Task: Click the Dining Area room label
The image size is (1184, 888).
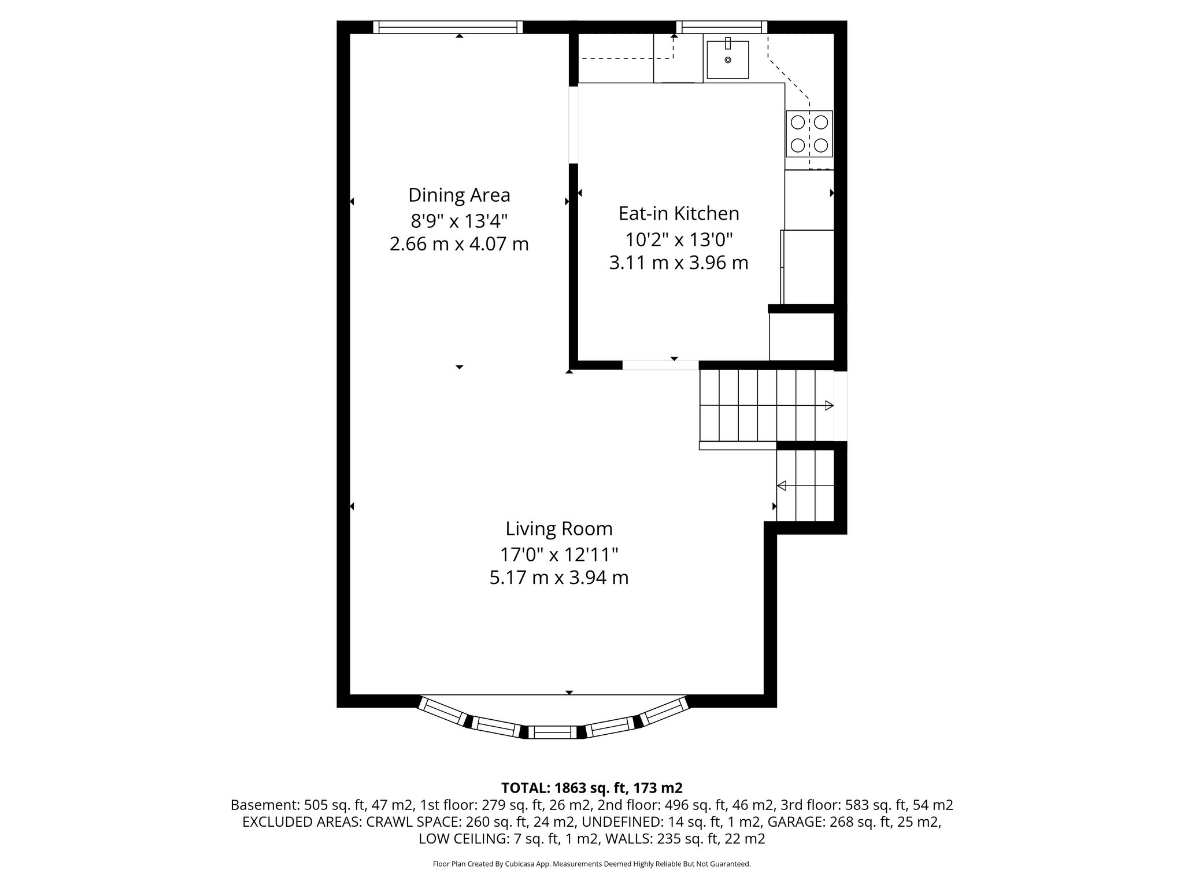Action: [x=459, y=195]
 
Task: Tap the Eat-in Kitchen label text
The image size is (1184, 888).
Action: [x=679, y=213]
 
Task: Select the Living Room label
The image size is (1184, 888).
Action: [x=558, y=528]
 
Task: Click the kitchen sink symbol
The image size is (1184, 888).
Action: [x=727, y=60]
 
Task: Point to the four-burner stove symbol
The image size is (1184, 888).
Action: [x=809, y=134]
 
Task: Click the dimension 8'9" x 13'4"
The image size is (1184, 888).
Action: [x=459, y=220]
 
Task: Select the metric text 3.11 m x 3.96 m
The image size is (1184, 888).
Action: [x=679, y=263]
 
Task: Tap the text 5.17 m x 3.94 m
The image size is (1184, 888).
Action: [x=558, y=578]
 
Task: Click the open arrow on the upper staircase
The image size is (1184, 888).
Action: [x=828, y=405]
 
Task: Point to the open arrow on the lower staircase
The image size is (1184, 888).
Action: [x=782, y=486]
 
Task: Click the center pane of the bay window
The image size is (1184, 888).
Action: [x=552, y=733]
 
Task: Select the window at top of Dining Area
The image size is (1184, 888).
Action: [x=447, y=27]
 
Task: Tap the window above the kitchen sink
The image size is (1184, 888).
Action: [x=721, y=27]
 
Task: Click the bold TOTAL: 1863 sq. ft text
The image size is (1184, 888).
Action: [x=591, y=787]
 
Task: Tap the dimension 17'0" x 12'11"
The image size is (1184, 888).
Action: [x=558, y=554]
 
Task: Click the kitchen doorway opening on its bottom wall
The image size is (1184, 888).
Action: [x=660, y=365]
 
